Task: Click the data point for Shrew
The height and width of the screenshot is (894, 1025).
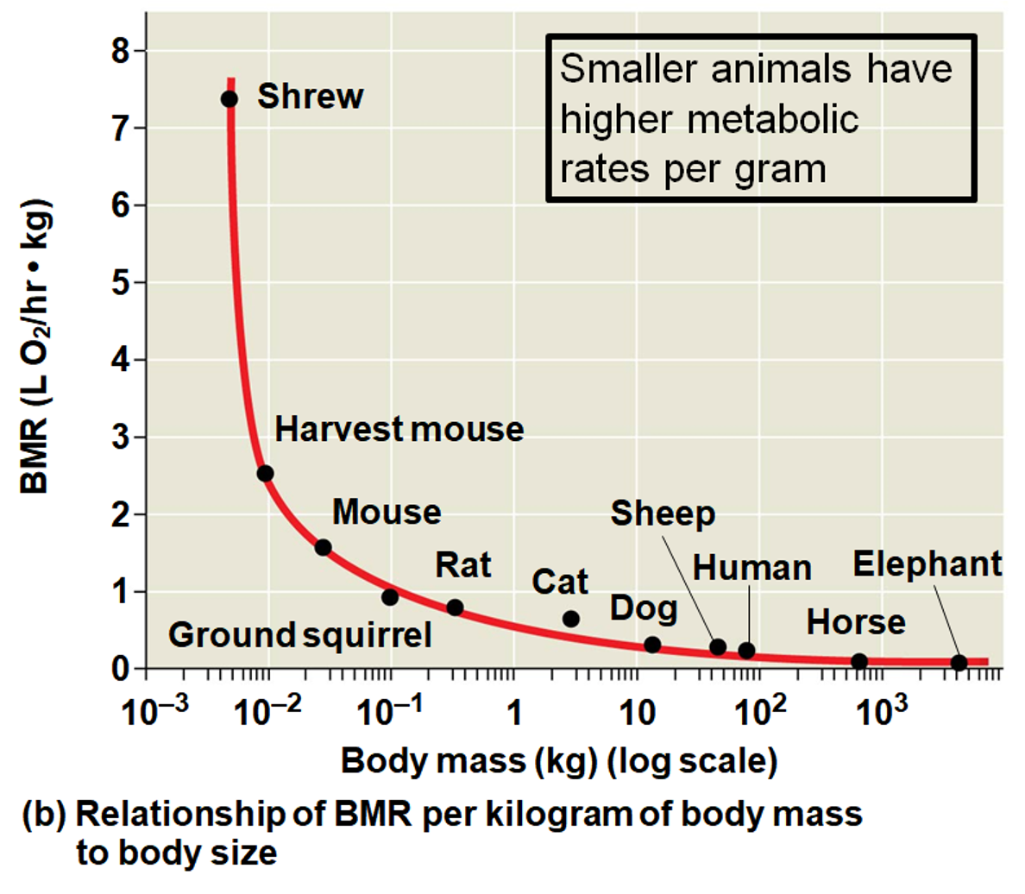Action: [x=229, y=98]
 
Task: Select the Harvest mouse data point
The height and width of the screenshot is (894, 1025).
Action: [x=265, y=473]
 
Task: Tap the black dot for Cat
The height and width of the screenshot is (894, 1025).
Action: [x=570, y=619]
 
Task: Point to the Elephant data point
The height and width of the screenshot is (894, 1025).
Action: [x=959, y=663]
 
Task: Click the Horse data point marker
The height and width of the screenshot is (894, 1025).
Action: [x=858, y=662]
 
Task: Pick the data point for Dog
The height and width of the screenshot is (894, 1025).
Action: [x=652, y=645]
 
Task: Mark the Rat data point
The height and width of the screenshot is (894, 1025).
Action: [x=455, y=608]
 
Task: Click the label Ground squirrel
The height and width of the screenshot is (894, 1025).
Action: [x=299, y=635]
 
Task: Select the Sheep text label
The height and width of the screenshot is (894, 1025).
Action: [x=663, y=513]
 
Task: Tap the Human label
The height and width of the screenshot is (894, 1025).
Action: [x=752, y=569]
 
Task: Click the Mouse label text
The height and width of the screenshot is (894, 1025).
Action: [x=387, y=512]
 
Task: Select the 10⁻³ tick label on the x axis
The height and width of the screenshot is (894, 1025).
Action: [x=156, y=712]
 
